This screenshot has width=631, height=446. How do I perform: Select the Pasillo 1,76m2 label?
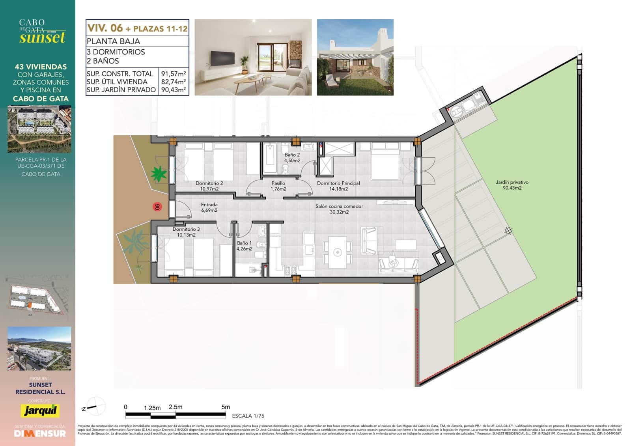tap(278, 186)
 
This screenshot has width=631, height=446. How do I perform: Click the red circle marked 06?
tap(157, 207)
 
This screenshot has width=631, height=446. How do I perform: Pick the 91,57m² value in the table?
tap(174, 74)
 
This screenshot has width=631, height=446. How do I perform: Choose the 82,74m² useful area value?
tap(174, 82)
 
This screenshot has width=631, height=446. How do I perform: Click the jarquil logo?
tap(40, 410)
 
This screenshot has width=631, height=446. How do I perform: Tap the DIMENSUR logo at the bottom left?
tap(40, 433)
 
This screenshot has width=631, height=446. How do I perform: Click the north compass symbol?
tap(95, 407)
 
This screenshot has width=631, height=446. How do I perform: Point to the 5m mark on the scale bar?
tap(226, 407)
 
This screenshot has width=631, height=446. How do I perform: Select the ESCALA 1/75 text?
tap(248, 416)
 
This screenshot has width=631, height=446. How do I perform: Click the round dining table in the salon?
tap(337, 252)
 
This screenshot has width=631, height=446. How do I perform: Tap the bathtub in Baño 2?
tap(271, 159)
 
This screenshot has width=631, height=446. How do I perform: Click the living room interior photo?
tap(253, 57)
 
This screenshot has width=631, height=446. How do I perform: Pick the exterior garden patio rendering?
tap(355, 57)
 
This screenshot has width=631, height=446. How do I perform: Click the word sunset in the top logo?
tap(42, 38)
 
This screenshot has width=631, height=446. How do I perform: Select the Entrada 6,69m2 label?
tap(209, 207)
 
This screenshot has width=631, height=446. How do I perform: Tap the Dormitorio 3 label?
tap(186, 232)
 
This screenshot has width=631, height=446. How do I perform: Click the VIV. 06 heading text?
tap(105, 28)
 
